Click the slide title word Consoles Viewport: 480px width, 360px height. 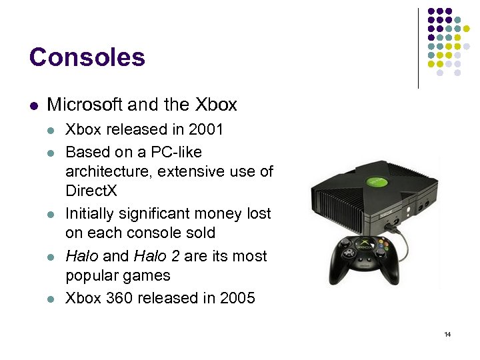[87, 58]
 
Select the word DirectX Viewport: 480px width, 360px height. [91, 191]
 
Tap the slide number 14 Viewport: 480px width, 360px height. [447, 334]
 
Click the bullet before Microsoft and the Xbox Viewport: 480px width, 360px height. [33, 105]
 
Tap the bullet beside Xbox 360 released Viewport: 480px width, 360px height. [52, 299]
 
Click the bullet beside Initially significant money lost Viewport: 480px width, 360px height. [52, 214]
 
